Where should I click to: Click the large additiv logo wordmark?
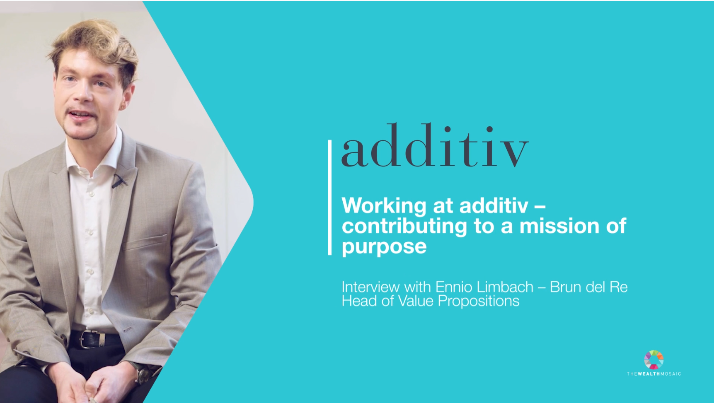coord(435,145)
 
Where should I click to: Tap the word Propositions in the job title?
coord(479,301)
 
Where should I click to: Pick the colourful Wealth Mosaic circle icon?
coord(654,360)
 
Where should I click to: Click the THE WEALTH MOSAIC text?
coord(654,374)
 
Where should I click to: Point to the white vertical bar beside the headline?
coord(330,197)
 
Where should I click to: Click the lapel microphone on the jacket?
coord(119,181)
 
